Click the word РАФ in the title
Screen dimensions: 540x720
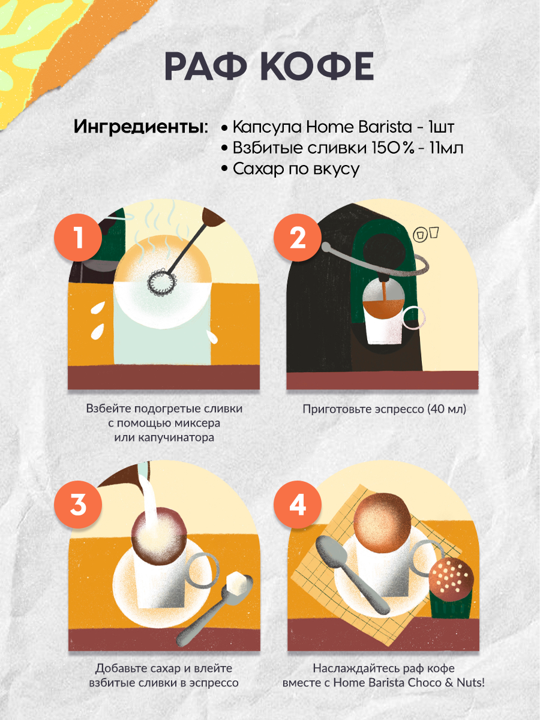click(206, 65)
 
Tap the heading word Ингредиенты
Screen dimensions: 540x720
click(141, 127)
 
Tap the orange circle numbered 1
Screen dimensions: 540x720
click(78, 238)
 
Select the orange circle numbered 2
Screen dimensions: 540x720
click(298, 238)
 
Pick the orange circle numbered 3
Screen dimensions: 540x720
click(78, 505)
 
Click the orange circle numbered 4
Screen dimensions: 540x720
click(298, 505)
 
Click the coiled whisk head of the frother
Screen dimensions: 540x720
click(161, 281)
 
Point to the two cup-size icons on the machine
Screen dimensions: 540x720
click(425, 234)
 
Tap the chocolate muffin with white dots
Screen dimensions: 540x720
click(451, 589)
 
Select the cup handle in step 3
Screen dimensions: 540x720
click(203, 570)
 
